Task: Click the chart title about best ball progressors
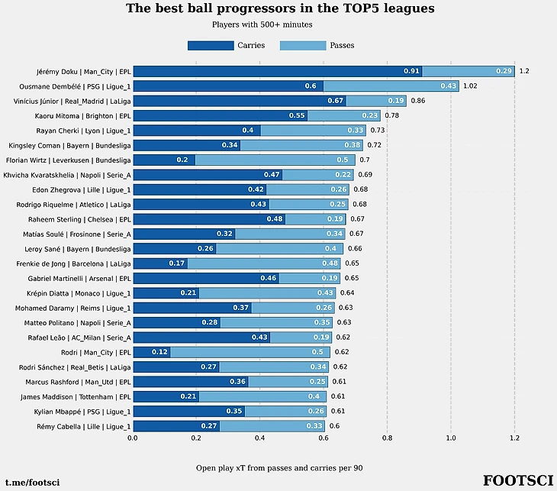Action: [x=280, y=9]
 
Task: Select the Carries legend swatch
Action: [x=211, y=46]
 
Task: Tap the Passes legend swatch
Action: [x=303, y=46]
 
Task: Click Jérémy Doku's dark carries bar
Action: [x=277, y=71]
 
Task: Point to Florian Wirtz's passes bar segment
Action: [x=275, y=160]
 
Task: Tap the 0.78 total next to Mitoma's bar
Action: [x=391, y=116]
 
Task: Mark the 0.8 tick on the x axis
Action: [x=388, y=439]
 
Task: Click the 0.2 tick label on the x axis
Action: [x=196, y=439]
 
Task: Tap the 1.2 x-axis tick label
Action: [x=515, y=439]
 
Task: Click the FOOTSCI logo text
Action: [x=517, y=480]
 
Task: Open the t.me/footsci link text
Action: [x=32, y=483]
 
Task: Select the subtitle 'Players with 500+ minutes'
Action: [x=262, y=25]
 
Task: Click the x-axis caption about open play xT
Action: [x=279, y=467]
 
